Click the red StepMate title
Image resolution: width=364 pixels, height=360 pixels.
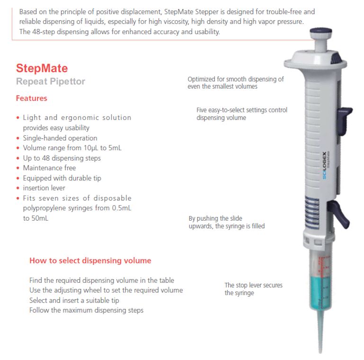tap(42, 69)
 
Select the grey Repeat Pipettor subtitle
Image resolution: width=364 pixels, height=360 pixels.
tap(50, 81)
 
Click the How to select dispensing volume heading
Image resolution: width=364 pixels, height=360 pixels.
tap(90, 261)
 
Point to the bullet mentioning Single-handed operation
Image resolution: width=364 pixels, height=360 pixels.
tap(60, 138)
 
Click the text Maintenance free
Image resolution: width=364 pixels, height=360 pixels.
tap(49, 168)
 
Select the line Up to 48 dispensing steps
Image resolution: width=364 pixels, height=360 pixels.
tap(62, 158)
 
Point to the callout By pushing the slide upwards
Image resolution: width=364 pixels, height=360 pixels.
tap(226, 222)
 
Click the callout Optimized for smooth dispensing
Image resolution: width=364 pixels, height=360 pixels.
tap(235, 83)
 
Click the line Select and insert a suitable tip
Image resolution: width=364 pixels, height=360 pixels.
tap(74, 300)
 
